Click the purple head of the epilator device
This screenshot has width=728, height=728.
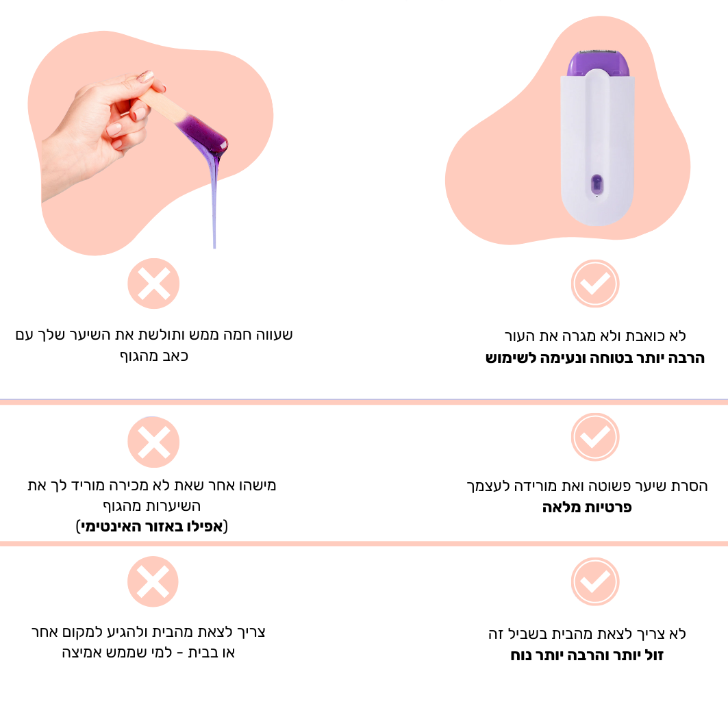point(598,64)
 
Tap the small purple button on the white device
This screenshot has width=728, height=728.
point(597,184)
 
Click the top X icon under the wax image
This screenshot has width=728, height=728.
point(153,284)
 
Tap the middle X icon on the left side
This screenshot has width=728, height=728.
point(153,442)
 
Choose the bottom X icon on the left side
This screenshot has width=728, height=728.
point(153,581)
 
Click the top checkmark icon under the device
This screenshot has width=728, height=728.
point(595,284)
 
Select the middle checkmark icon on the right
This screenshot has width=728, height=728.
point(595,437)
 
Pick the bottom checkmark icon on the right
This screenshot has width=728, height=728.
point(595,581)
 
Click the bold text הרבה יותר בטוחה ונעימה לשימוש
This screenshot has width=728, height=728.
point(595,358)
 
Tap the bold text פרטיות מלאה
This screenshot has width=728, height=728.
point(588,507)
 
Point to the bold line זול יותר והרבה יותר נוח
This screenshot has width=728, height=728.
point(588,655)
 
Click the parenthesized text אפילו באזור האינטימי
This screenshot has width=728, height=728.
point(152,527)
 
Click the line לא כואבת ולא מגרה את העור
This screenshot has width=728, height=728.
point(595,336)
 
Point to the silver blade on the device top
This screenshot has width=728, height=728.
point(596,49)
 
